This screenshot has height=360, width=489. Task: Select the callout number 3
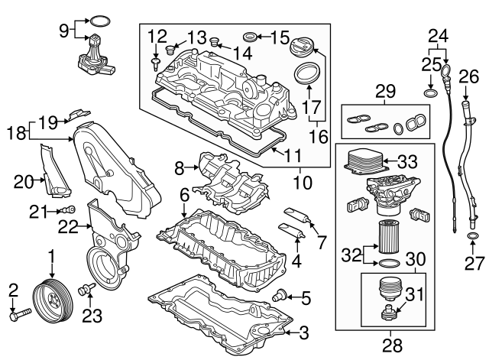(x=304, y=332)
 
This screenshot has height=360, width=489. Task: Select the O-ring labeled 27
(x=472, y=245)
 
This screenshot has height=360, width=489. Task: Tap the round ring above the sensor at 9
(x=96, y=20)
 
